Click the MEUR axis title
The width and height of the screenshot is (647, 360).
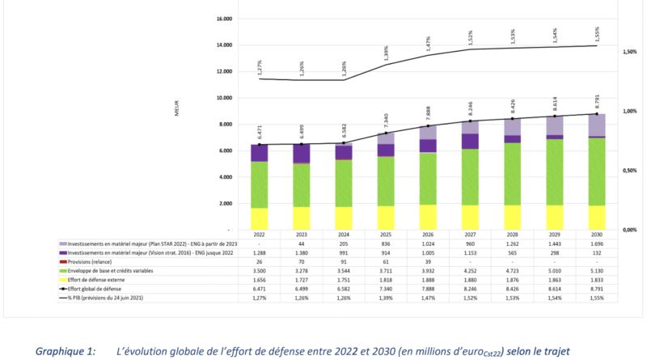coord(175,112)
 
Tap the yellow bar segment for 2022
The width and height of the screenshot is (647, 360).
coord(260,218)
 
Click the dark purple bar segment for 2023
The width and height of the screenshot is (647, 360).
coord(302,154)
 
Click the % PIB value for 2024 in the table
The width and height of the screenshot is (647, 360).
coord(344,299)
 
